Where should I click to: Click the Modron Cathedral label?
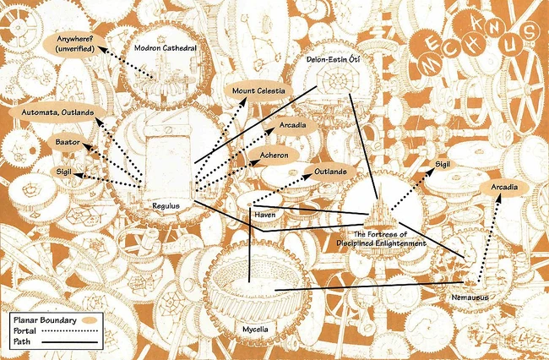point(166,49)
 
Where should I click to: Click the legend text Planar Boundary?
point(45,320)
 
